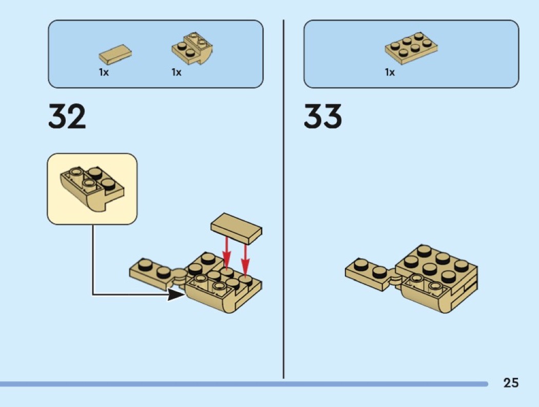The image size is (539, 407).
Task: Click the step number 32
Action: coord(67,116)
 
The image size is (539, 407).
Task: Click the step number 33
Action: coord(323,116)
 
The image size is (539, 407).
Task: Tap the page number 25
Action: coord(511,383)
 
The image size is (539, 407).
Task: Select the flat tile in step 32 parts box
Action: coord(115,54)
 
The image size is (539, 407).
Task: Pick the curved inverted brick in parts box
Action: coord(192,48)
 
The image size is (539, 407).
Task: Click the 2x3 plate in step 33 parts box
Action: coord(411,48)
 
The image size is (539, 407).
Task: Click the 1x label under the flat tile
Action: coord(104,72)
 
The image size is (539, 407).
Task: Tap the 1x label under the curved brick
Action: coord(177,72)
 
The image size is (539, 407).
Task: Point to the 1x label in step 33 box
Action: coord(390,72)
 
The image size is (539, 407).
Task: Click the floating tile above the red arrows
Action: coord(236,228)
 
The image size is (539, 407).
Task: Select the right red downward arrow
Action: coord(245,260)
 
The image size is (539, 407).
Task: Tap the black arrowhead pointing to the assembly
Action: coord(176,294)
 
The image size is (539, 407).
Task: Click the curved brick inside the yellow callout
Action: coord(92,189)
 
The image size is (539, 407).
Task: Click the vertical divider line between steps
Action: coord(283,199)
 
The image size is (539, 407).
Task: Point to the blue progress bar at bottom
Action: coord(244,383)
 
